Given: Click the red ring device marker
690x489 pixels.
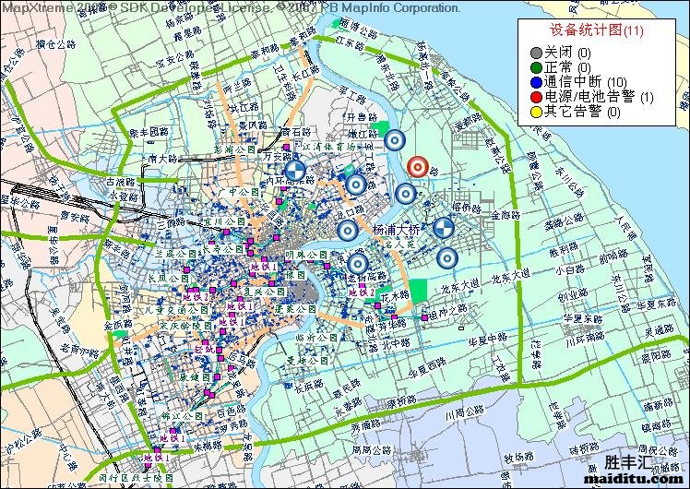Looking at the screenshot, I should (417, 167).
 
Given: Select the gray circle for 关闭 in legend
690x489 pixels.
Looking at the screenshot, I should (535, 52).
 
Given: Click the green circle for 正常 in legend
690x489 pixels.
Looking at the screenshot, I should (535, 67).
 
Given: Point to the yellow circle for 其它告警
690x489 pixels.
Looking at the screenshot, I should (535, 113).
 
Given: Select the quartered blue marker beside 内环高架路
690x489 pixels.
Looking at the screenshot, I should (295, 171).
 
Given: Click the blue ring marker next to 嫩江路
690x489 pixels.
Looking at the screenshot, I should (395, 140).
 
